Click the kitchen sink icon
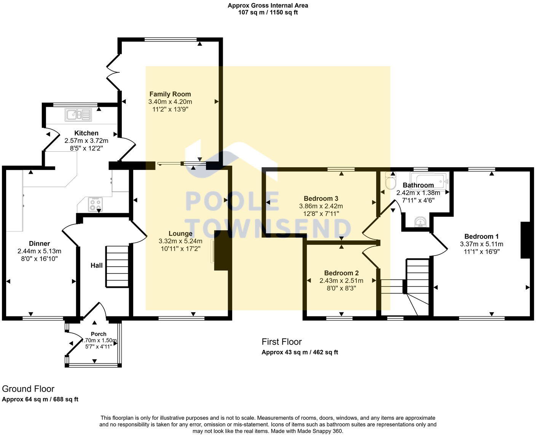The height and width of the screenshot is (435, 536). (78, 114)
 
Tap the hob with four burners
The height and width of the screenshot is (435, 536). (95, 204)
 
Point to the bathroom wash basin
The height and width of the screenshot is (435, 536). (420, 222)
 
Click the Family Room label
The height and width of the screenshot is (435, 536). (170, 94)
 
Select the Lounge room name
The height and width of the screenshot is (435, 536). (180, 233)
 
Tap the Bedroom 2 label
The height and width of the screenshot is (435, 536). (341, 273)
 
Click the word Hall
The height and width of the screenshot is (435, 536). (96, 265)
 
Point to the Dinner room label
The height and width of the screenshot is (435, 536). (40, 243)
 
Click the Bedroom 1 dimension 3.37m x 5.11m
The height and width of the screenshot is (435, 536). (482, 244)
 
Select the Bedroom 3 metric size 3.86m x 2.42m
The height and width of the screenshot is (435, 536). (321, 206)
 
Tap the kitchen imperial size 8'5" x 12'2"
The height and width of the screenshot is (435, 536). (86, 148)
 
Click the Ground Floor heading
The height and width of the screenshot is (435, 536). (28, 389)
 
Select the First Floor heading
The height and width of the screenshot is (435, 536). (282, 341)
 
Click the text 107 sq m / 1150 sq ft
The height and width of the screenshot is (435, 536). (268, 12)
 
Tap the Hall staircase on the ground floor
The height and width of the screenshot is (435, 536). (117, 266)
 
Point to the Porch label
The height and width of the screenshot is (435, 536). (99, 334)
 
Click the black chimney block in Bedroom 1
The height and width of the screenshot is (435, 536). (525, 240)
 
